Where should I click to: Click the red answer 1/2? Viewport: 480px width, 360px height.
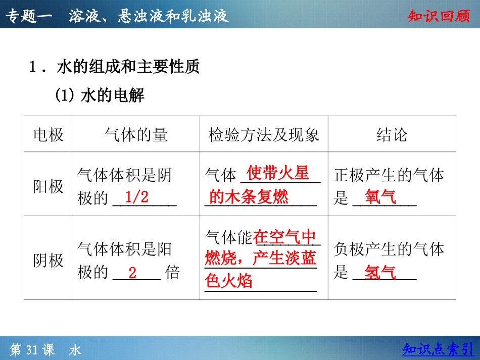pos(136,197)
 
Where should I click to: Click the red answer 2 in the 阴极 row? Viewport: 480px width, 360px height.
pos(132,273)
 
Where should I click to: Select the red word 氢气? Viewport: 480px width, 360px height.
pos(380,273)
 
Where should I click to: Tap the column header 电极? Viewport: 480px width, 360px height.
pos(49,135)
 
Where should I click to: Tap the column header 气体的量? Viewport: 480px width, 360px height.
pos(136,135)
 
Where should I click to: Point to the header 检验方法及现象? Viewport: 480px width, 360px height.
pos(264,135)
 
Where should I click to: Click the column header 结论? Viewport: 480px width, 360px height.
pos(392,135)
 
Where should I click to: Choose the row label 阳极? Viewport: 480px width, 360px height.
pos(49,186)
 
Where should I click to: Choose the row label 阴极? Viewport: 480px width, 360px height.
pos(49,261)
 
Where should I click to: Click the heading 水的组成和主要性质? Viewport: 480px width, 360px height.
pos(128,67)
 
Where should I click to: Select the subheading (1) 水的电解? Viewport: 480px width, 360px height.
pos(100,95)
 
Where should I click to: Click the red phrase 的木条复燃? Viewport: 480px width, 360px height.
pos(249,197)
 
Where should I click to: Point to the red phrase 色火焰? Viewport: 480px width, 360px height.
pos(229,281)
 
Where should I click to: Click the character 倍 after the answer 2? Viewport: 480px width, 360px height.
pos(172,273)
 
